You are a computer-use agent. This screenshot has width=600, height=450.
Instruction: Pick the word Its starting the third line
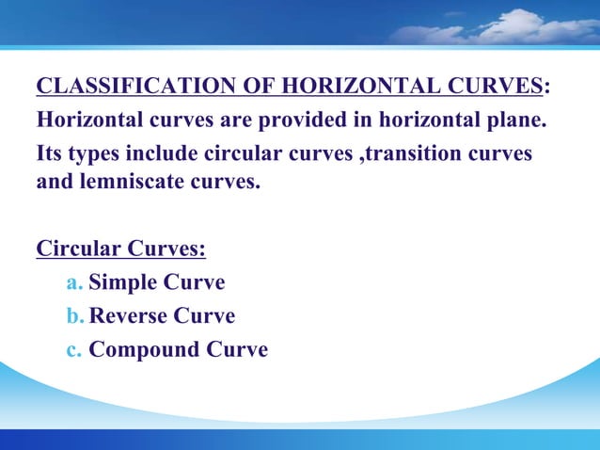point(51,153)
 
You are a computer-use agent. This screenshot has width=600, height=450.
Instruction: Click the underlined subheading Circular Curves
point(120,250)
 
